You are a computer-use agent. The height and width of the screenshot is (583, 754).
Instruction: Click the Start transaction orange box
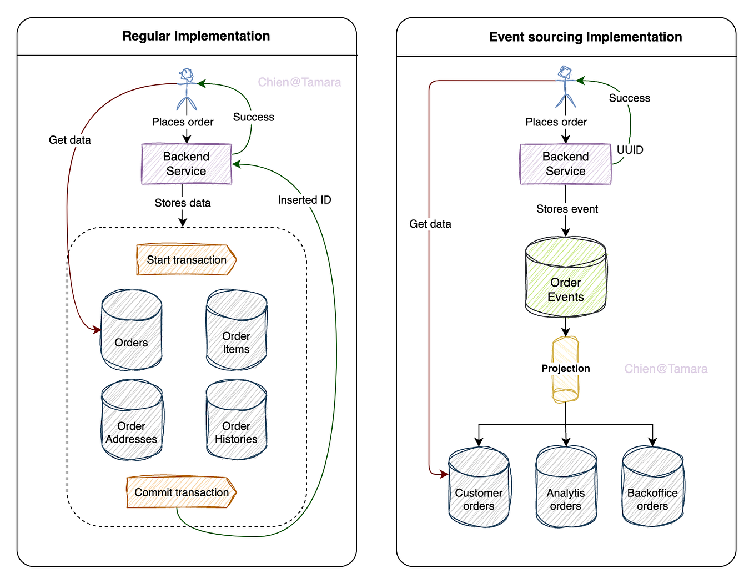tap(187, 260)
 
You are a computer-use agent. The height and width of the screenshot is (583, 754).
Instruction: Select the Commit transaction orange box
tap(182, 492)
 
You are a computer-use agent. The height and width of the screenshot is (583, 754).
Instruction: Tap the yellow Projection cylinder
tap(566, 369)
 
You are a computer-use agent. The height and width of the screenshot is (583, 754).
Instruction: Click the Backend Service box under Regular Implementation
tap(187, 164)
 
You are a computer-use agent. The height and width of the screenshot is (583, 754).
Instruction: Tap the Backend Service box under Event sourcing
tap(566, 164)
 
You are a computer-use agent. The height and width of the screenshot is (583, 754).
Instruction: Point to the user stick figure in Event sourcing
tap(566, 87)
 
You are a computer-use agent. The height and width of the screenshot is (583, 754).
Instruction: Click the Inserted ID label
tap(304, 200)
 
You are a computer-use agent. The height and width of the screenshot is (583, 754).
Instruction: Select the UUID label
tap(630, 150)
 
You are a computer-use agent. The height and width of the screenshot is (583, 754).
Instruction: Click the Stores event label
tap(567, 209)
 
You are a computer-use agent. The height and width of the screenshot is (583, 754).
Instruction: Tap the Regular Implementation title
tap(196, 36)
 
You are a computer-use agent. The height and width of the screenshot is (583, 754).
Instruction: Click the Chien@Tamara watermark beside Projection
tap(666, 369)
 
